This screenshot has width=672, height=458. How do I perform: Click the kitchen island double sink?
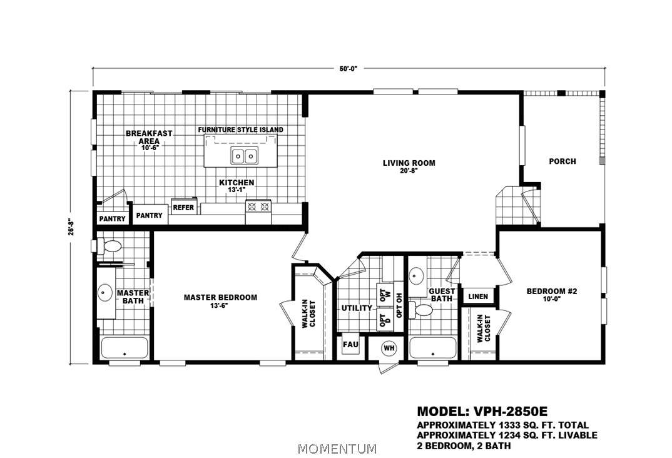click(x=244, y=155)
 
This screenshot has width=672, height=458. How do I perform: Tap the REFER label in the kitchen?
click(x=183, y=207)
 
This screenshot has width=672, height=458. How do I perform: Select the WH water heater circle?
click(x=389, y=348)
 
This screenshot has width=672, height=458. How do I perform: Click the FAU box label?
click(x=350, y=345)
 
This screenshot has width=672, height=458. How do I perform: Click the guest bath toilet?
click(x=421, y=310)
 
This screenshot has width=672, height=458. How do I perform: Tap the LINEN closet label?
click(x=478, y=296)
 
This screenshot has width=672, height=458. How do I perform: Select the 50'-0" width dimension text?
click(x=349, y=68)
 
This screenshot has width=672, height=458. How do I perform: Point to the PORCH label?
click(x=563, y=161)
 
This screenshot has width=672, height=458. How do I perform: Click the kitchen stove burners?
click(x=258, y=207)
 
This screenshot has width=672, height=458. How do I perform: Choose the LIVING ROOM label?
click(x=409, y=163)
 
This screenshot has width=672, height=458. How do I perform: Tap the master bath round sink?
click(x=105, y=292)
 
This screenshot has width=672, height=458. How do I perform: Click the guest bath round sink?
click(x=415, y=275)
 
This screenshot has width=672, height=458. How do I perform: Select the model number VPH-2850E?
click(x=511, y=411)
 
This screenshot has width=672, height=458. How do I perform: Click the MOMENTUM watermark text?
click(x=337, y=449)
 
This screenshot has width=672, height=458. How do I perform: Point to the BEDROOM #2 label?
click(x=552, y=292)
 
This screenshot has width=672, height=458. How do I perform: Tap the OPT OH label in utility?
click(x=399, y=305)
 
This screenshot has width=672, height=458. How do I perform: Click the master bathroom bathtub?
click(x=125, y=347)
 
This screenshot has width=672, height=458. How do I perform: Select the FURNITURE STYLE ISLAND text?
click(x=240, y=130)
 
